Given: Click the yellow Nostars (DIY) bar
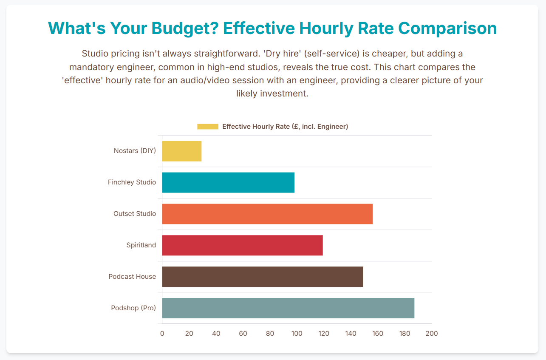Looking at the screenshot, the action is (182, 151).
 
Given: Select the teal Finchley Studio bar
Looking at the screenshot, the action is (229, 182).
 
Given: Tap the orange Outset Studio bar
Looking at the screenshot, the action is (267, 214).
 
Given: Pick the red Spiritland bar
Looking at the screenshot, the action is (243, 245).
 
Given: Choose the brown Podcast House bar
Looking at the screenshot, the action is (263, 277).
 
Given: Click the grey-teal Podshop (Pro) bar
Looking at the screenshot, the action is (289, 308).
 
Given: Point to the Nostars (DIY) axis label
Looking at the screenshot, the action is (135, 151).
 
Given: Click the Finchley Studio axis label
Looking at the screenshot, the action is (132, 182).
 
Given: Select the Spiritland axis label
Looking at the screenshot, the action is (141, 245).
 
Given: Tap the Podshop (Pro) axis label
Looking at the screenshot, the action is (133, 308).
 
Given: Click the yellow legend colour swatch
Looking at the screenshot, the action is (208, 127).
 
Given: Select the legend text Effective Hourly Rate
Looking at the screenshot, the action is (256, 126).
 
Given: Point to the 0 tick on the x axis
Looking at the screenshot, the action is (162, 333).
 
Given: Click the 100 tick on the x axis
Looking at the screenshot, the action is (297, 333).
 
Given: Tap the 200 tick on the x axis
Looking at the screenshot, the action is (432, 333).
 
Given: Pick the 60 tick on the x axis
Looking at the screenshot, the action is (243, 333).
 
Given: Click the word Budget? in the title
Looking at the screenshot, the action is (185, 28).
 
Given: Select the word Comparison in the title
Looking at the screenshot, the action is (447, 28).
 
